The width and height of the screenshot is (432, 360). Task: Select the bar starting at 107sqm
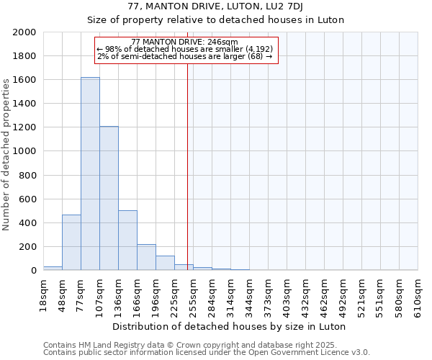pyautogui.click(x=109, y=198)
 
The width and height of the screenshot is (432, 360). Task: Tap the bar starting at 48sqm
pyautogui.click(x=71, y=242)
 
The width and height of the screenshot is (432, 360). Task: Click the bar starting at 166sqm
pyautogui.click(x=146, y=257)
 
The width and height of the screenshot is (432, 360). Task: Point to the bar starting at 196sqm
pyautogui.click(x=165, y=263)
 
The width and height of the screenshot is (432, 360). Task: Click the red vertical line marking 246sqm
pyautogui.click(x=187, y=166)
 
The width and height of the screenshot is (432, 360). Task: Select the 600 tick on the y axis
pyautogui.click(x=28, y=199)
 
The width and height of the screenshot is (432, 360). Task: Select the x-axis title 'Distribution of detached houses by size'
pyautogui.click(x=230, y=326)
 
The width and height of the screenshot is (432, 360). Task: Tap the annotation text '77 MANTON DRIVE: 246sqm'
pyautogui.click(x=185, y=42)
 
